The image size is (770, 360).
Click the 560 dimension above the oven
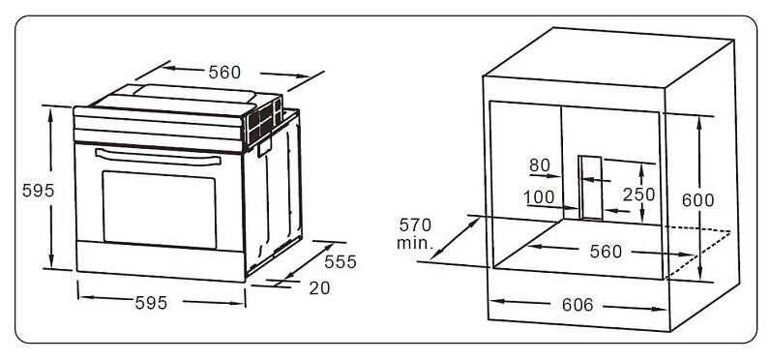point(223,73)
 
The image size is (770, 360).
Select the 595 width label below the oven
point(151,303)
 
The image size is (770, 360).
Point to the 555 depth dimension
point(340,261)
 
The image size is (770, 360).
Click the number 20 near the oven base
point(318,287)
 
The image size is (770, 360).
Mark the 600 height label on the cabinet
point(697,200)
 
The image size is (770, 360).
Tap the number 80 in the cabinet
point(539,165)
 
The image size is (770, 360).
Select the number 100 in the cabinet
point(539,197)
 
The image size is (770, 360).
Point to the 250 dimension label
point(638,195)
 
